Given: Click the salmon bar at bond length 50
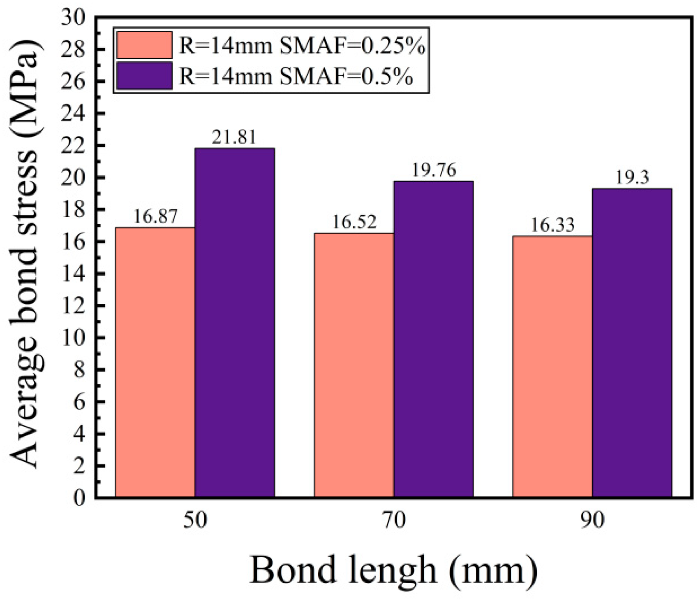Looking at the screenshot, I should (155, 362).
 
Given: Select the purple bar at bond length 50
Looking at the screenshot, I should (235, 323).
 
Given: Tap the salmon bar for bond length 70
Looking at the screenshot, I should (353, 365).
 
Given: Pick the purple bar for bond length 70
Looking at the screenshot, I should (433, 340).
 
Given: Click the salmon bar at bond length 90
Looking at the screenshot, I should (552, 367).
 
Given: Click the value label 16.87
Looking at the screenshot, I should (155, 216).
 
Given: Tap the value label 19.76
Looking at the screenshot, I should (434, 170).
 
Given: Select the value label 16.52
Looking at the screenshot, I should (354, 222).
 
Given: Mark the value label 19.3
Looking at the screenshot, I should (632, 178).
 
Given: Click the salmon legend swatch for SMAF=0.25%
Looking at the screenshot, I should (144, 45).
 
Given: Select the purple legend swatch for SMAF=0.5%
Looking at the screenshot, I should (144, 76).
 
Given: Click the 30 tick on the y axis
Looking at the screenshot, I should (73, 18).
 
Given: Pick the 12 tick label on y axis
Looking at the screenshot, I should (73, 306).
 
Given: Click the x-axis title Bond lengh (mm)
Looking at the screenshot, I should (394, 570).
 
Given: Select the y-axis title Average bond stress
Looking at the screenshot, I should (25, 255).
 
